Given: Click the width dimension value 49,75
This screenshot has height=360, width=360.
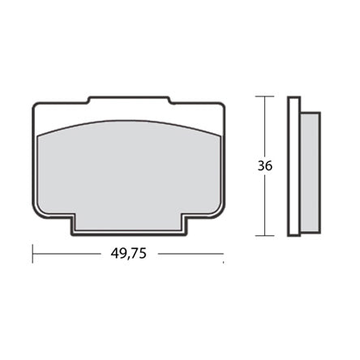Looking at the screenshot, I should [128, 253].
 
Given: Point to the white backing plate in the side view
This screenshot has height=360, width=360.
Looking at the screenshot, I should [294, 166].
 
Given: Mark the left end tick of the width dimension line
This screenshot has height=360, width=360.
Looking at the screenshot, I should [33, 253].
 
